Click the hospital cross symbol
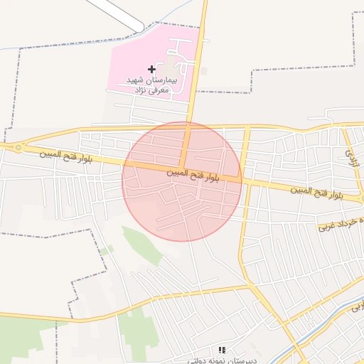pos(151,69)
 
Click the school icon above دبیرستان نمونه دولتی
pos(222,350)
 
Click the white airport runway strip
pos(117,14)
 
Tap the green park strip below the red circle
pos(141,245)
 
